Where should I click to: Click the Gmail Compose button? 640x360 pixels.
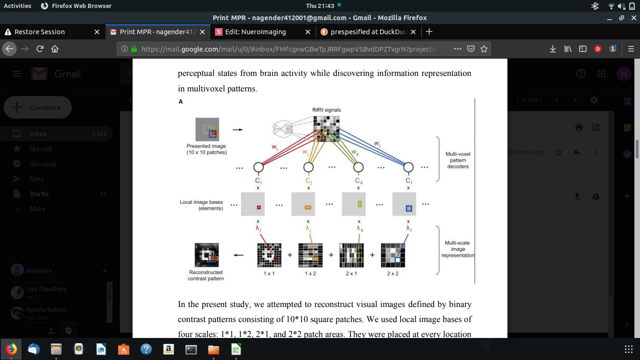point(37,107)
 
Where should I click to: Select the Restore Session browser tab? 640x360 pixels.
point(39,32)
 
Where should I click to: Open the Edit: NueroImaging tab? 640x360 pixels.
point(255,32)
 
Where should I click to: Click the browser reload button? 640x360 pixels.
point(40,49)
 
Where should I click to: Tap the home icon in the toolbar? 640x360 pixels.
point(55,49)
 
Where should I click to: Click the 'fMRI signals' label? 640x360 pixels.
point(327,110)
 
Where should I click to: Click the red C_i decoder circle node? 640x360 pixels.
point(258,167)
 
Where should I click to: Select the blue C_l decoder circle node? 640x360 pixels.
point(409,167)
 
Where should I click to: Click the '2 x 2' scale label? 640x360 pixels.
point(393,273)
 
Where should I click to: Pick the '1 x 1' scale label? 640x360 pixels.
point(269,273)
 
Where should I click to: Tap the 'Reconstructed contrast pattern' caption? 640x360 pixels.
point(206,275)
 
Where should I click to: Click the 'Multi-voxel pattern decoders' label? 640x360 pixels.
point(458,160)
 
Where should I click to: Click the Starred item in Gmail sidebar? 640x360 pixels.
point(41,149)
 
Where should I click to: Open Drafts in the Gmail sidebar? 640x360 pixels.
point(39,194)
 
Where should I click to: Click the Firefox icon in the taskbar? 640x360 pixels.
point(11,349)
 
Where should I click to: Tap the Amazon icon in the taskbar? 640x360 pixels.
point(169,349)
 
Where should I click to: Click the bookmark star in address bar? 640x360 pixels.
point(484,49)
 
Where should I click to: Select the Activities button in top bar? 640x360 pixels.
point(17,6)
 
